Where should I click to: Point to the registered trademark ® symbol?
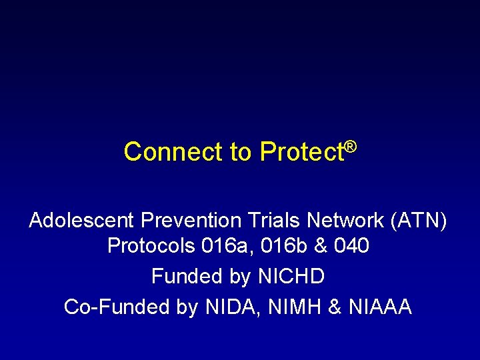[351, 145]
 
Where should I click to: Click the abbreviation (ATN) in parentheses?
[421, 220]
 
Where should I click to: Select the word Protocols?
[151, 247]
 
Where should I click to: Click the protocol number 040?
[353, 247]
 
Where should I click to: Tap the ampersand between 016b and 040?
[322, 247]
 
